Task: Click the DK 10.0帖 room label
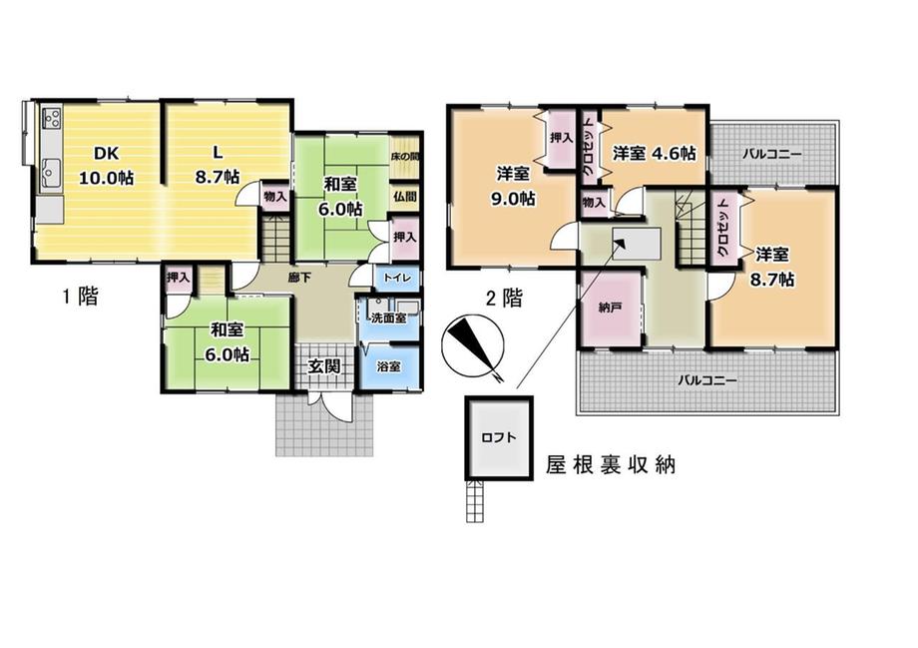pos(107,165)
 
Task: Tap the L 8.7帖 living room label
pos(218,165)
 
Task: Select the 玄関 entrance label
pos(323,366)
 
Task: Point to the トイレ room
pos(397,278)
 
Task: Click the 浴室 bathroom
pos(389,367)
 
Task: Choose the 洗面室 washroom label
pos(389,319)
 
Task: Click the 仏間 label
pos(405,197)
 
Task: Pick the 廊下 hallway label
pos(299,278)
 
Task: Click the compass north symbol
pos(471,344)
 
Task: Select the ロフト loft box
pos(499,437)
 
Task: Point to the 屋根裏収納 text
pos(611,464)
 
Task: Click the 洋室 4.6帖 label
pos(654,154)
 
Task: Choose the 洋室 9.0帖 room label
pos(514,187)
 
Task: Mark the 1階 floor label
pos(80,297)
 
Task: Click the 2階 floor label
pos(504,299)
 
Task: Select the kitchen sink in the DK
pos(51,171)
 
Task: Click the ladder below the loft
pos(475,501)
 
